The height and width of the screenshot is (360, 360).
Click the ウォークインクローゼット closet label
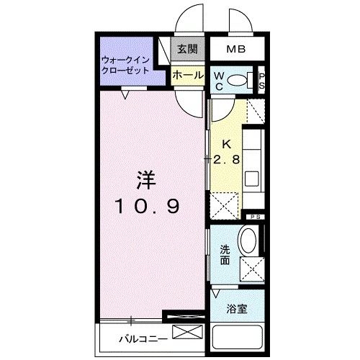pyautogui.click(x=126, y=65)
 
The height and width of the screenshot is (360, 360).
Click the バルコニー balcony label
pyautogui.click(x=144, y=336)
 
